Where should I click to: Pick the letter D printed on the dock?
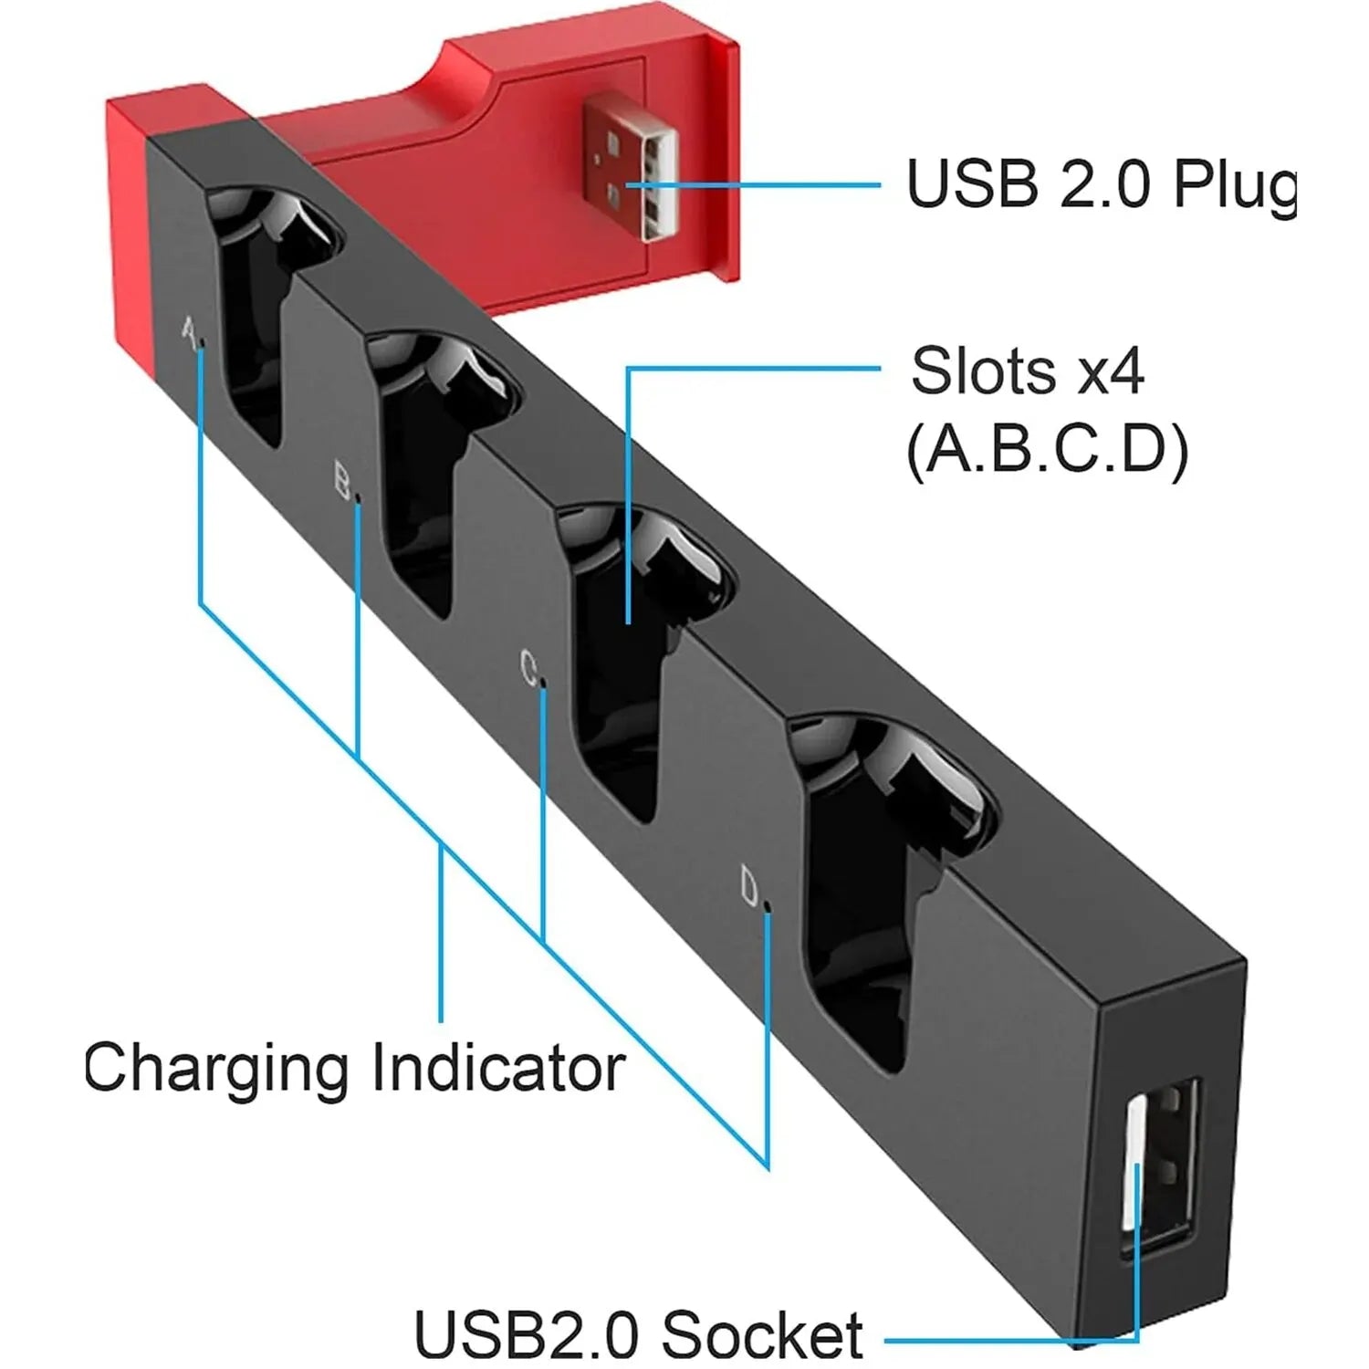(749, 886)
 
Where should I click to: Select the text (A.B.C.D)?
(1047, 450)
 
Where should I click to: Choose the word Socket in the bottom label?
(762, 1334)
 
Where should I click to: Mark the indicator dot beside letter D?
(767, 906)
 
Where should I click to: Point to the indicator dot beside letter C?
(545, 682)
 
